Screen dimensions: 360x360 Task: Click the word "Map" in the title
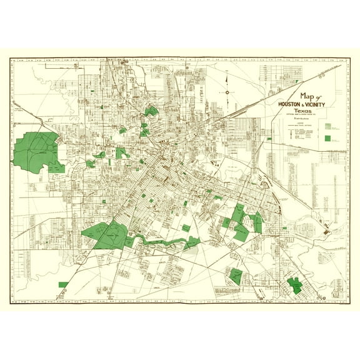[308, 96]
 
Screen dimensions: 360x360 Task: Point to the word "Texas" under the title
[306, 111]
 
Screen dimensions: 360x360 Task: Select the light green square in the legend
[327, 125]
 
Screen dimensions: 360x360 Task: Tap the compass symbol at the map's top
[227, 92]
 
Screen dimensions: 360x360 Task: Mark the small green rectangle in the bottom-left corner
[63, 284]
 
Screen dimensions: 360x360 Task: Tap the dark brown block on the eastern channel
[326, 232]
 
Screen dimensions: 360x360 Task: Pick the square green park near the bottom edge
[236, 274]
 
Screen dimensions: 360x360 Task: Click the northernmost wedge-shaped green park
[151, 111]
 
